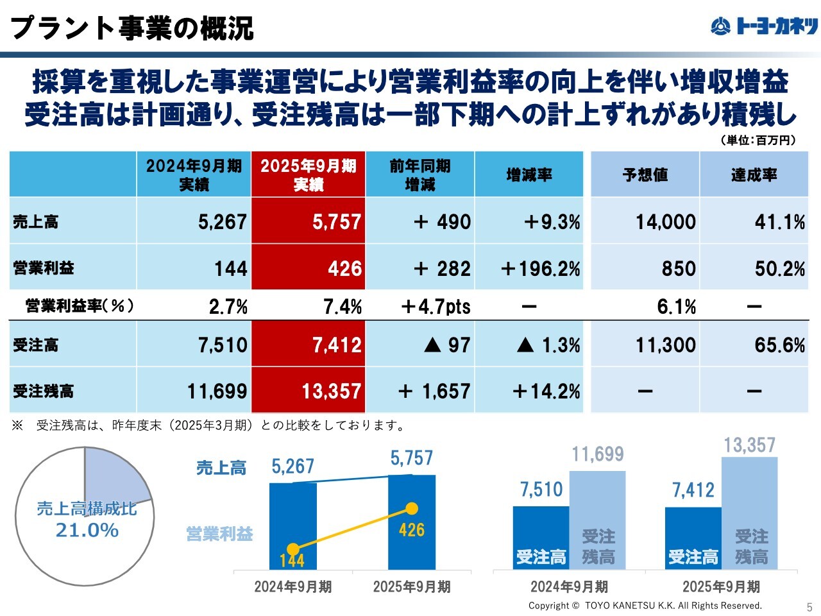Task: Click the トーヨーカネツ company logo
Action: click(x=764, y=26)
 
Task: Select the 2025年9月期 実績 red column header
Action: click(x=309, y=175)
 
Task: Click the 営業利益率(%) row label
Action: click(x=80, y=306)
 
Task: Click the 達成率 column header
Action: click(x=754, y=175)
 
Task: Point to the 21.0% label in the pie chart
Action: click(x=87, y=531)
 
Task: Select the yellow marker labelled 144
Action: click(x=293, y=549)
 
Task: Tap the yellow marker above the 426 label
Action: click(x=412, y=509)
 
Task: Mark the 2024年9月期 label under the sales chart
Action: click(x=293, y=587)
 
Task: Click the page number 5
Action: click(x=809, y=607)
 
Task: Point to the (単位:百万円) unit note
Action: click(x=758, y=140)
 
